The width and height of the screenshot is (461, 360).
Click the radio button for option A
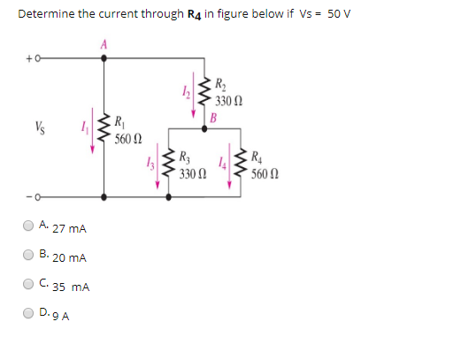(x=30, y=226)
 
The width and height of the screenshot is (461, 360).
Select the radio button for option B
(x=30, y=256)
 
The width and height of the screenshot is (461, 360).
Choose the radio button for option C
(x=30, y=285)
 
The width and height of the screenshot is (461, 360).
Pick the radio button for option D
(x=30, y=313)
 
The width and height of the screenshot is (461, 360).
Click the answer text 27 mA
(x=68, y=228)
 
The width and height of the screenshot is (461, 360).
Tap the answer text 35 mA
(x=70, y=287)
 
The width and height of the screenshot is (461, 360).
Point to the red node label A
(x=104, y=44)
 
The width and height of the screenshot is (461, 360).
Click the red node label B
(x=212, y=118)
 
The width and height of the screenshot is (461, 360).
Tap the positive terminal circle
(x=39, y=59)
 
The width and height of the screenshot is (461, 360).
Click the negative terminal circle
(x=39, y=193)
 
